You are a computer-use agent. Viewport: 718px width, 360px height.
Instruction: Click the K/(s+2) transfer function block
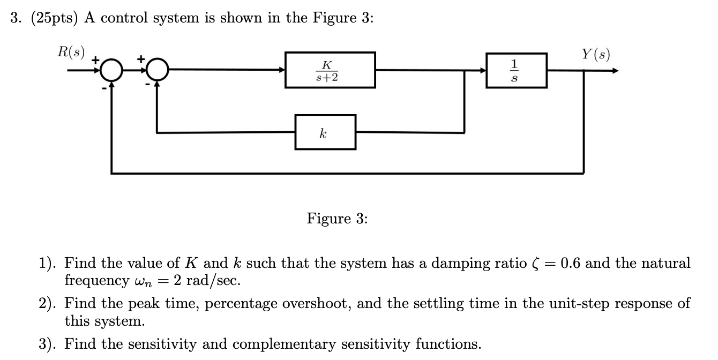coord(330,70)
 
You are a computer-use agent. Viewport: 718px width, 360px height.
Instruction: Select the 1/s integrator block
coord(517,70)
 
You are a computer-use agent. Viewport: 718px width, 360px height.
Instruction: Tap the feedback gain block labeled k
coord(325,132)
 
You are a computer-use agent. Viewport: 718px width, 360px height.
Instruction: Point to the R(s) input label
coord(71,52)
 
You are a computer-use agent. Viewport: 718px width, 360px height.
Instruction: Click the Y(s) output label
coord(595,54)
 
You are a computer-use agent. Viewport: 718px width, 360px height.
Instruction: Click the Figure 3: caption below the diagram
coord(337,219)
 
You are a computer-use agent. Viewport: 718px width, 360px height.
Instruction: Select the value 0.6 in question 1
coord(571,263)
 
